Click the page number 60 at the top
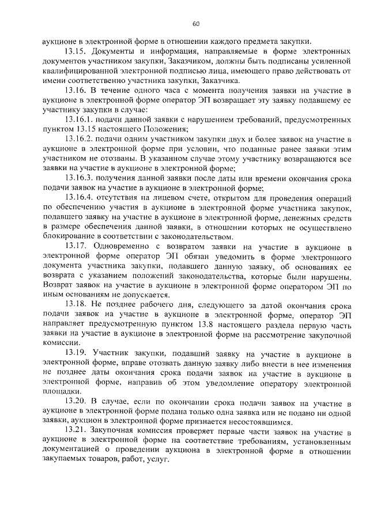point(195,24)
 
